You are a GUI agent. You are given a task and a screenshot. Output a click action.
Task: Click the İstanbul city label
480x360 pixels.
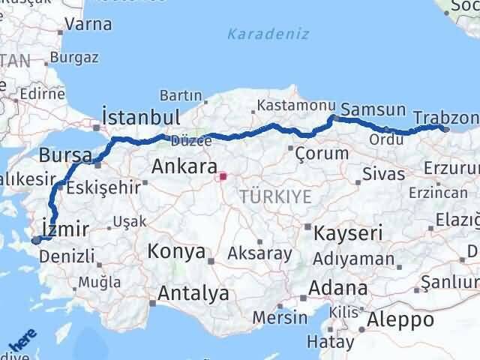click(x=140, y=117)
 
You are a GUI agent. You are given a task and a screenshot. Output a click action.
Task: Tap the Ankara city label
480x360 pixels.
click(x=184, y=166)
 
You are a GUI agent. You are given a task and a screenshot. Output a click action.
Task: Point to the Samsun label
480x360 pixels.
click(x=373, y=109)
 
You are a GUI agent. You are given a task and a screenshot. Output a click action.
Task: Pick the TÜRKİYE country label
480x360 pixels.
click(x=275, y=196)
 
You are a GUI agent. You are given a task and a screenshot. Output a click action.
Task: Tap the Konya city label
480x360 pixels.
click(x=177, y=250)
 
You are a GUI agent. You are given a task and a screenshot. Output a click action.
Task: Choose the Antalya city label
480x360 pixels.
click(x=193, y=293)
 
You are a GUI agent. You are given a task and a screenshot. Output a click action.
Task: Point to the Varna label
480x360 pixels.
click(x=88, y=24)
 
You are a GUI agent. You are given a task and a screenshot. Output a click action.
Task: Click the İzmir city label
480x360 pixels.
click(x=66, y=228)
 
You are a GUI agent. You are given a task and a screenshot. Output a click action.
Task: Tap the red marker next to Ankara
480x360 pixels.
click(x=222, y=177)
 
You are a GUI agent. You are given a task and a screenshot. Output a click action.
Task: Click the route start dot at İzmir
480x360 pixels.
click(x=36, y=240)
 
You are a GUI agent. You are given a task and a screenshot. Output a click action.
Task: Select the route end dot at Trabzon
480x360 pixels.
click(x=445, y=128)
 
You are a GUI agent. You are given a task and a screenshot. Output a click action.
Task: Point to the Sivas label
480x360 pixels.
click(x=382, y=175)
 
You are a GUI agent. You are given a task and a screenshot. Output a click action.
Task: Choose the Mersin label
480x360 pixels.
click(x=279, y=317)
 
